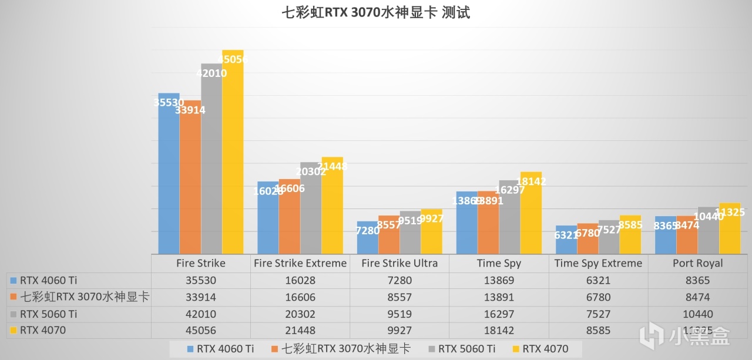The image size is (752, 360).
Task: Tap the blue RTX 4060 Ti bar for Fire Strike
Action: (x=169, y=176)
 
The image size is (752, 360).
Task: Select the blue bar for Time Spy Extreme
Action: (x=566, y=240)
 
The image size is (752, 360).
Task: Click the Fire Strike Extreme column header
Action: (x=300, y=263)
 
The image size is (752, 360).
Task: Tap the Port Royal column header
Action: (x=698, y=263)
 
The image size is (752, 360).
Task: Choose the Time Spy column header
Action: (x=499, y=263)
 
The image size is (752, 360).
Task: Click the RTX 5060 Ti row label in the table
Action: (x=48, y=314)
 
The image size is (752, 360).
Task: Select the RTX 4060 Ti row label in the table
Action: (x=48, y=281)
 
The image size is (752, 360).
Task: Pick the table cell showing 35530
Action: (x=200, y=281)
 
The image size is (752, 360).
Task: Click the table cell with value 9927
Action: (x=399, y=330)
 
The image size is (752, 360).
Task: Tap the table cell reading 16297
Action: (x=499, y=314)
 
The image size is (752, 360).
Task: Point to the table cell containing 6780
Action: (x=598, y=298)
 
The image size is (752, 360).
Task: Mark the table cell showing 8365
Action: (x=698, y=281)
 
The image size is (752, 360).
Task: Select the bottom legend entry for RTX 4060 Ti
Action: (x=220, y=349)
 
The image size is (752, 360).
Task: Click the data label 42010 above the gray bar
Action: (x=212, y=73)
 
